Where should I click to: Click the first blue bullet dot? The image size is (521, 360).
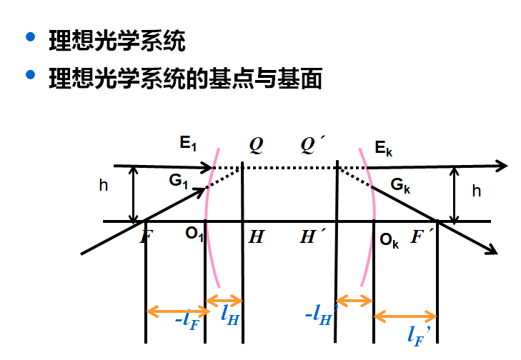(x=29, y=37)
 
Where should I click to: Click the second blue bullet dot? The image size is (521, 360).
(x=29, y=74)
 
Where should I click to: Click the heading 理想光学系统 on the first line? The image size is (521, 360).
(x=116, y=40)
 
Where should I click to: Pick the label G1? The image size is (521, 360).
(x=178, y=181)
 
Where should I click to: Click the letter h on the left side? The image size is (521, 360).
(x=104, y=186)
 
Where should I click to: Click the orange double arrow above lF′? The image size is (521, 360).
(x=405, y=315)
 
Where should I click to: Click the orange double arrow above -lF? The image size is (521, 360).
(x=177, y=311)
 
